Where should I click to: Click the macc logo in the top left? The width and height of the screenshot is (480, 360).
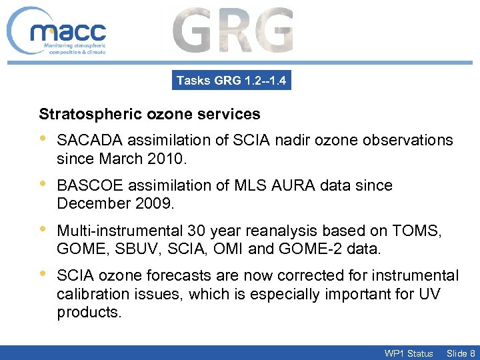59,32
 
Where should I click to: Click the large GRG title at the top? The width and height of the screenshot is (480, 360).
233,31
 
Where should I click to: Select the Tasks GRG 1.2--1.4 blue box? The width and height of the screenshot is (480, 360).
231,81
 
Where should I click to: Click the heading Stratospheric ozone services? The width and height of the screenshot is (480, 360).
149,114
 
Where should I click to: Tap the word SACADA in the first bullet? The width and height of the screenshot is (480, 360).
89,141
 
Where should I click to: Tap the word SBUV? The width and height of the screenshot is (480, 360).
133,248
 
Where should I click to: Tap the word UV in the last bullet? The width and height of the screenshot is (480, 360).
429,293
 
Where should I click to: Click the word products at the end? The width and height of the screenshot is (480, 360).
89,312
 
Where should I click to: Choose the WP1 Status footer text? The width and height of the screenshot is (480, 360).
408,353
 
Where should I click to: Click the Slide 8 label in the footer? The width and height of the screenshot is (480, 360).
461,353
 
